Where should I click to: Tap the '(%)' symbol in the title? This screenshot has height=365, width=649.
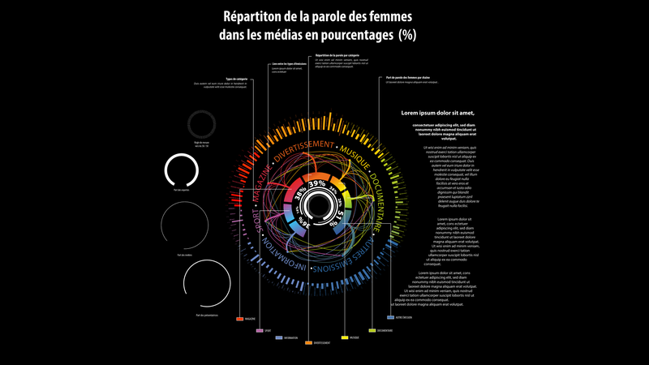tap(406, 34)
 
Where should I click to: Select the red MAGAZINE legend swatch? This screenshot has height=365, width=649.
tap(240, 319)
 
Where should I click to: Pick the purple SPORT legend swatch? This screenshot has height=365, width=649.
tap(260, 331)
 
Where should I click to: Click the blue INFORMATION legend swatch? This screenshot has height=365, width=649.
tap(279, 337)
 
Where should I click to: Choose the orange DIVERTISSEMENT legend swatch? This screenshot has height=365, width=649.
tap(308, 343)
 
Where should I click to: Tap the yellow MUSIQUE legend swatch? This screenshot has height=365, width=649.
tap(345, 337)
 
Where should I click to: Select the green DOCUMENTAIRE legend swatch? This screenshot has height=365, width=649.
tap(372, 331)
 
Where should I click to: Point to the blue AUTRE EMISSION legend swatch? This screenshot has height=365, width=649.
tap(391, 317)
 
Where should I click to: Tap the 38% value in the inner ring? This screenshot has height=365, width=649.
tap(301, 195)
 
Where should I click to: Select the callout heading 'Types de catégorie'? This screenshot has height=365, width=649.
tap(236, 79)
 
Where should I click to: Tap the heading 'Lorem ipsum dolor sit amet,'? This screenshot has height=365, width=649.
tap(438, 113)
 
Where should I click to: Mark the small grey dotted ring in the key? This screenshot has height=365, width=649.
tap(200, 124)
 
